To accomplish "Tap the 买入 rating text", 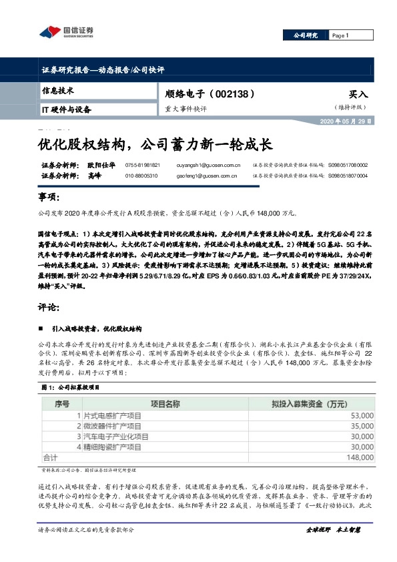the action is pos(358,95).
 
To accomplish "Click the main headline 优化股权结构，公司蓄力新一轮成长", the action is pos(155,143).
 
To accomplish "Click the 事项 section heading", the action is pos(49,198).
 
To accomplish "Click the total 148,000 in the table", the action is pos(359,458).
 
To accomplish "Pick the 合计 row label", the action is pos(51,458).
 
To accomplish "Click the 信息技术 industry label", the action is pos(58,90).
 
